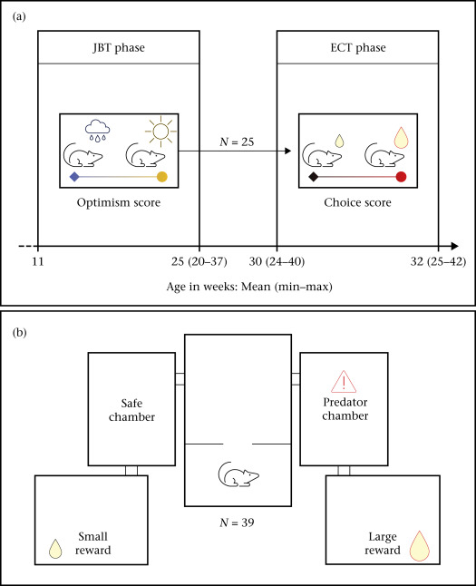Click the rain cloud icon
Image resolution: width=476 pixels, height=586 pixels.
point(98,131)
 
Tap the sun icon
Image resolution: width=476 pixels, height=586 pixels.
point(160,132)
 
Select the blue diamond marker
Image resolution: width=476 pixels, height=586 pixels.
point(74,177)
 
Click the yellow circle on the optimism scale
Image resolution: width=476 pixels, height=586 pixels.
point(161,177)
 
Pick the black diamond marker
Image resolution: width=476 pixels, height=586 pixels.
point(314,177)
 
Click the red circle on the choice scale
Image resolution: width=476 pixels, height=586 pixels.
point(401,177)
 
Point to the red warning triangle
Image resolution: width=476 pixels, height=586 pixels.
point(344,382)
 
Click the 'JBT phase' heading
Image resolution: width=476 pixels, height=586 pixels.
point(119,48)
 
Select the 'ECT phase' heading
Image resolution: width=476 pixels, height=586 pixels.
point(358,48)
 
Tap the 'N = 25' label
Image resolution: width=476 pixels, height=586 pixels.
point(237,142)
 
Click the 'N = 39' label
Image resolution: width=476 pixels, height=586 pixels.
point(237,523)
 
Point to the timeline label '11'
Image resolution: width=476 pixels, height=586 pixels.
point(38,261)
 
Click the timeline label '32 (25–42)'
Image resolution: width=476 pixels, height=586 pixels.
point(438,261)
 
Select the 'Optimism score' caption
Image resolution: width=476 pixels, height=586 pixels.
point(119,202)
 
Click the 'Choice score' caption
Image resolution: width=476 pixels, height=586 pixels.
point(357,202)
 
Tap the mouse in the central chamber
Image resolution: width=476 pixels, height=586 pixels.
point(238,474)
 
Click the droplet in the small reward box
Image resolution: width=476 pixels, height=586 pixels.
point(55,549)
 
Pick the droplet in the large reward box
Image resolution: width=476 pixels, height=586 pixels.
point(420,546)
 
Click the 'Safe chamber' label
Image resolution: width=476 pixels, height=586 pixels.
point(131,410)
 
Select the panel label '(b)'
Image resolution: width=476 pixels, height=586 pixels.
point(19,333)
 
